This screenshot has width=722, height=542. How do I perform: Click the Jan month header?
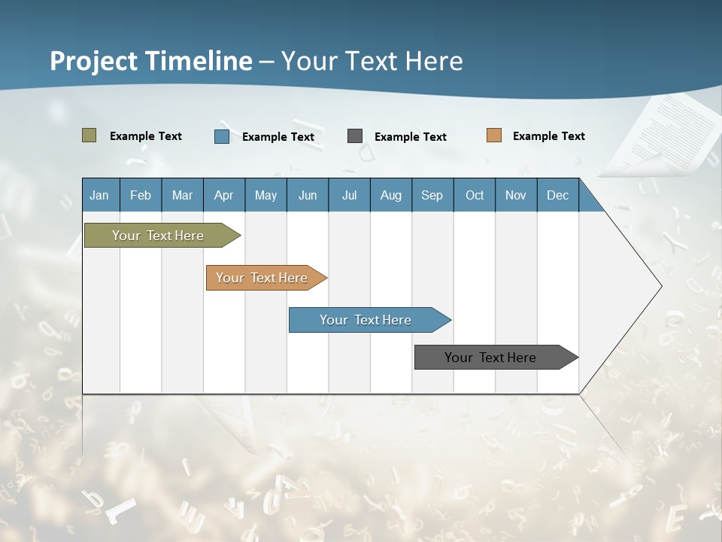pyautogui.click(x=99, y=195)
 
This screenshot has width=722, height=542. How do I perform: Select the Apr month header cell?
pyautogui.click(x=223, y=195)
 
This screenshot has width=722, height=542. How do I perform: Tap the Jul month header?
pyautogui.click(x=349, y=195)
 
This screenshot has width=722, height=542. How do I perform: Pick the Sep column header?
pyautogui.click(x=432, y=195)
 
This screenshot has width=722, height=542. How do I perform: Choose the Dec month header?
pyautogui.click(x=557, y=195)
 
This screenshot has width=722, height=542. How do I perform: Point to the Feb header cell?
pyautogui.click(x=141, y=195)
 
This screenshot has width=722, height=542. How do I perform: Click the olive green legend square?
pyautogui.click(x=89, y=135)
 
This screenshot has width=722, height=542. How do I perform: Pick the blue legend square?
pyautogui.click(x=222, y=136)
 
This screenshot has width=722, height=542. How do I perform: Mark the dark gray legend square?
pyautogui.click(x=355, y=136)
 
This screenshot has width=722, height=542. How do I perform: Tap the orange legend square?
pyautogui.click(x=493, y=135)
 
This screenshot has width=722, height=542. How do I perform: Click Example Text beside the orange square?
pyautogui.click(x=548, y=136)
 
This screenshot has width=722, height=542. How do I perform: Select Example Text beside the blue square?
pyautogui.click(x=278, y=137)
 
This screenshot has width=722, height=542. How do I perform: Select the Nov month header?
pyautogui.click(x=515, y=195)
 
